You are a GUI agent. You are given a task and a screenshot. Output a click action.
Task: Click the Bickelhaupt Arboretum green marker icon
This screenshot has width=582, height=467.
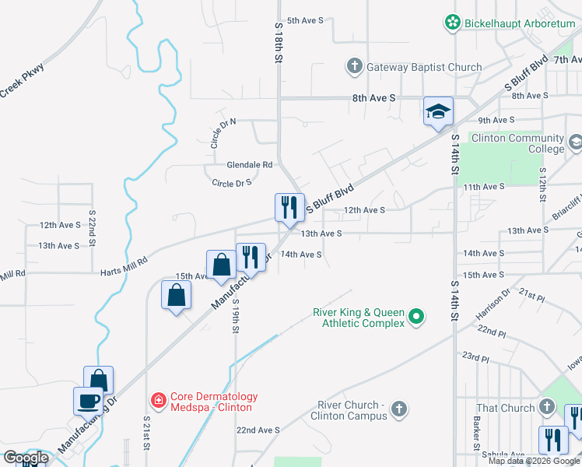tap(452, 23)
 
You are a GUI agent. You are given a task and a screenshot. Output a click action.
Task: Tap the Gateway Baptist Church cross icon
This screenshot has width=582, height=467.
tap(354, 66)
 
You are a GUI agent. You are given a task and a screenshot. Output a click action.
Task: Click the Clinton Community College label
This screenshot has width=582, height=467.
tap(524, 143)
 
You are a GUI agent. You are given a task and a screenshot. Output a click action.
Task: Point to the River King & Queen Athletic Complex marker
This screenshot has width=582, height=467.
tap(416, 317)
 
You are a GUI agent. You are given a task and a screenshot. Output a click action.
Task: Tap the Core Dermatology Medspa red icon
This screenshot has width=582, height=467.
tap(159, 400)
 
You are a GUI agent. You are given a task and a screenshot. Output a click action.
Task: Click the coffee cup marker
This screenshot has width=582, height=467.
tap(88, 401)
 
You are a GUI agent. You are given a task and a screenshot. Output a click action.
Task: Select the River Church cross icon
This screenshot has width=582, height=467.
tap(398, 409)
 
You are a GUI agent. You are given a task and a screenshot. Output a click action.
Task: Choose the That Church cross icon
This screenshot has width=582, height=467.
tap(548, 407)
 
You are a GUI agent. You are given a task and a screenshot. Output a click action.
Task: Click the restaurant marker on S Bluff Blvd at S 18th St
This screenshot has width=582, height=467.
tap(289, 207)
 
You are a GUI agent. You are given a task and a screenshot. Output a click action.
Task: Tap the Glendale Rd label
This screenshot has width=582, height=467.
tap(249, 165)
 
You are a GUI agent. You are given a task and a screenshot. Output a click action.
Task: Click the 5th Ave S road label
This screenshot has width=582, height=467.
tap(305, 20)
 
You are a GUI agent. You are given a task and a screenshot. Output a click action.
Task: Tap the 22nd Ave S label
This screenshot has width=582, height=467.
tap(258, 430)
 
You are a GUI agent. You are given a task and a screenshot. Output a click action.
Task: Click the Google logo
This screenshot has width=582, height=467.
tap(25, 458)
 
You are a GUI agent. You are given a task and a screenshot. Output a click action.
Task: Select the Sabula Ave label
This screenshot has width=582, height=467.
tap(503, 455)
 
